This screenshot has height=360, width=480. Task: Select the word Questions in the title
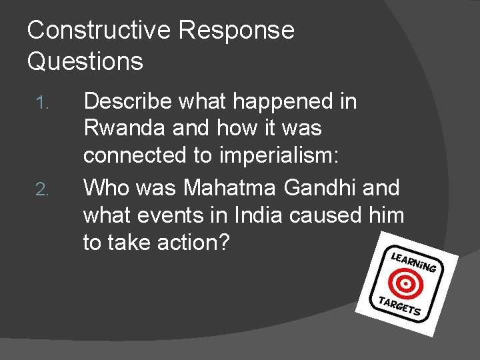tap(85, 61)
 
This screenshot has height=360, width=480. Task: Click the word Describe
tap(129, 101)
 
